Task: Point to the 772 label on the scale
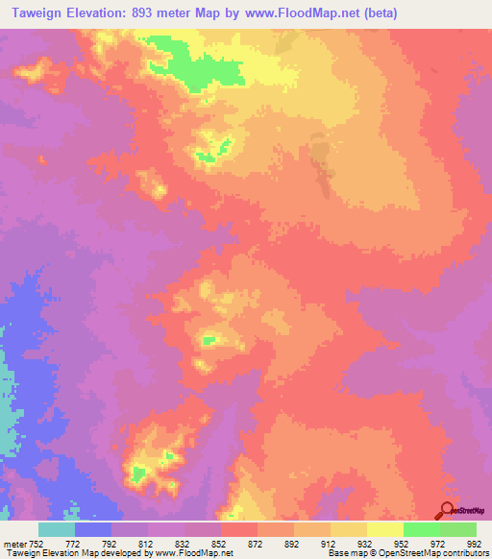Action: click(x=73, y=543)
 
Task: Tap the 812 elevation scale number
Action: click(x=146, y=543)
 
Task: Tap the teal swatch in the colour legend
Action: click(x=57, y=529)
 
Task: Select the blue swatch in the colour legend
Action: click(x=93, y=529)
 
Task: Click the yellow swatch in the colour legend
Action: click(x=385, y=529)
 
